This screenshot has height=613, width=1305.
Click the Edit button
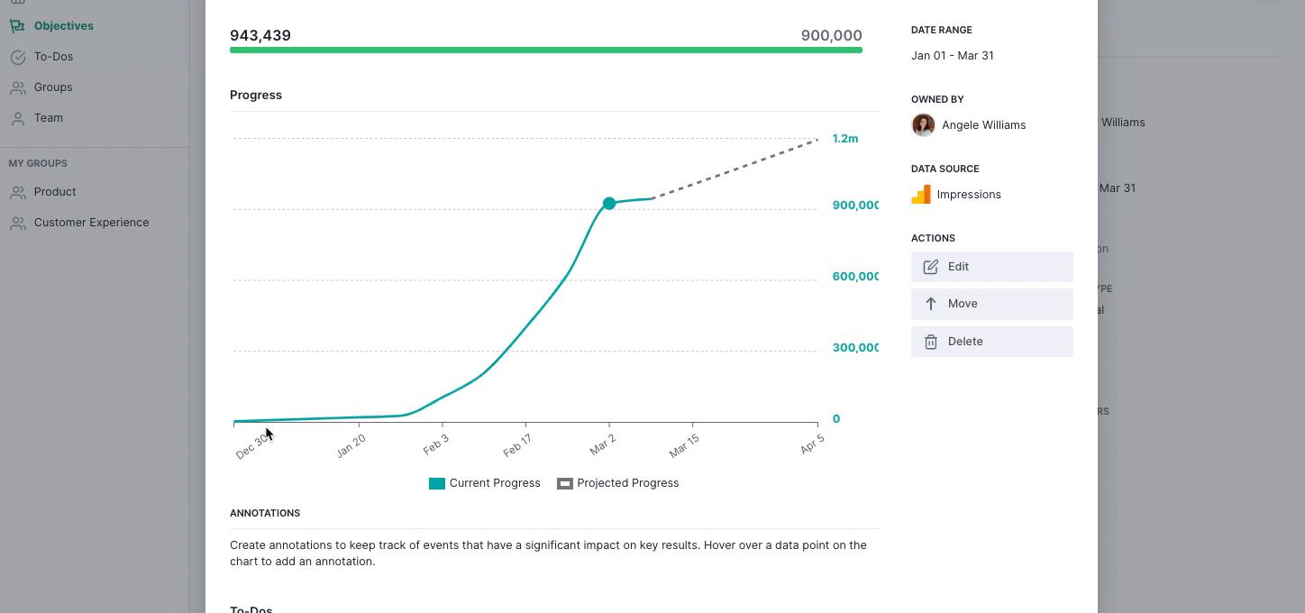click(x=991, y=267)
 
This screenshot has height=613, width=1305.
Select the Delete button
click(x=991, y=342)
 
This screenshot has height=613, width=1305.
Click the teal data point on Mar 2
click(x=609, y=204)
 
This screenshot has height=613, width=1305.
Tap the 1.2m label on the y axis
click(x=844, y=139)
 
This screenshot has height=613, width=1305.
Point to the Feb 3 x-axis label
click(x=435, y=444)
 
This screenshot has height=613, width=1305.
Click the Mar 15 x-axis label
click(x=684, y=445)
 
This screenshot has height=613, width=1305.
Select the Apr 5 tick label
click(x=812, y=444)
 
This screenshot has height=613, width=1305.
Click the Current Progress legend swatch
click(x=437, y=483)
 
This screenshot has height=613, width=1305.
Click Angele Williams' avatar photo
click(x=923, y=125)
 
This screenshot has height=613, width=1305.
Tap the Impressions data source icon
click(x=921, y=195)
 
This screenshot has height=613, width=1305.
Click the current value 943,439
click(x=260, y=36)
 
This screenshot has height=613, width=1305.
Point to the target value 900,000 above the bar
click(x=831, y=36)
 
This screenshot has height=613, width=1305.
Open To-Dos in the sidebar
click(x=53, y=57)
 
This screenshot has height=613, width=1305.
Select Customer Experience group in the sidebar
click(x=91, y=223)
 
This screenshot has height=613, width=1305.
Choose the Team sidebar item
click(x=49, y=118)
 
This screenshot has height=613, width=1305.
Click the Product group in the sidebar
click(x=55, y=192)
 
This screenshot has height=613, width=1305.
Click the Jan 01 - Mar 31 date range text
click(x=952, y=56)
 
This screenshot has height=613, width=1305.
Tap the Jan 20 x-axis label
click(x=351, y=445)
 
